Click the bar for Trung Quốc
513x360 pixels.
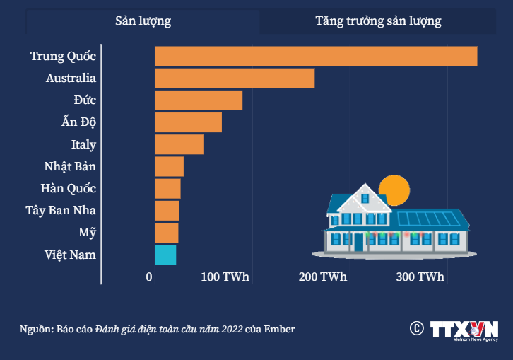[316, 56]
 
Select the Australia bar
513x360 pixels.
[235, 79]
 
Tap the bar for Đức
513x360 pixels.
[199, 100]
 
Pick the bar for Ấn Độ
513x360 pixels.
[188, 122]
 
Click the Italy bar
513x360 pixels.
[179, 144]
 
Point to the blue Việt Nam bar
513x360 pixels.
[165, 255]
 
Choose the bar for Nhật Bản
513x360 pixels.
[169, 167]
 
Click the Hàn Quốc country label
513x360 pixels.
[69, 189]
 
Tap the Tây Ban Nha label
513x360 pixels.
[61, 211]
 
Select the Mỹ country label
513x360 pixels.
[88, 233]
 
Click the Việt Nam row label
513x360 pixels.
[70, 255]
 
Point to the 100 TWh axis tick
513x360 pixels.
[225, 277]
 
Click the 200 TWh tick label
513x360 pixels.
[323, 277]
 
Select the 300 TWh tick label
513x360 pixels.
[420, 277]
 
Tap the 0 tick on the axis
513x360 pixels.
[150, 277]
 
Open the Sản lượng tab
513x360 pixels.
[143, 21]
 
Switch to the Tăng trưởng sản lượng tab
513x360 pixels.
[378, 21]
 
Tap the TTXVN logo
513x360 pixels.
[464, 330]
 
